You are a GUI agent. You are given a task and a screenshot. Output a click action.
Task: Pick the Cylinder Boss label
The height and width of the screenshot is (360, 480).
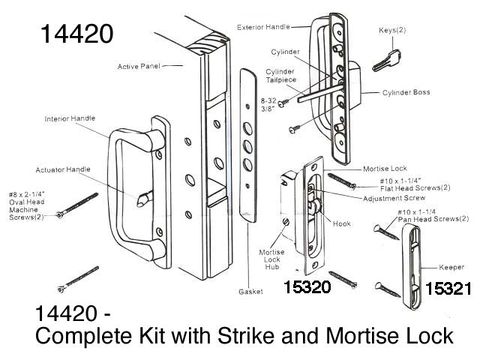409,93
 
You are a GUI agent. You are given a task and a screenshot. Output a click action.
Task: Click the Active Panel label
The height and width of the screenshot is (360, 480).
139,67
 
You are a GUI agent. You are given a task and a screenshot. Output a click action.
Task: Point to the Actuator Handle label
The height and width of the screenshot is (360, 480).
63,169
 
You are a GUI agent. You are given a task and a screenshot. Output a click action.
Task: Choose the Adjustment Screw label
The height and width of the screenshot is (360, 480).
389,199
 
